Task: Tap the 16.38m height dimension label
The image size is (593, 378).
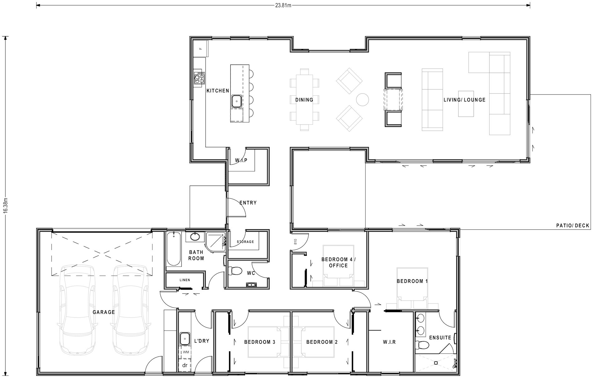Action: tap(5, 206)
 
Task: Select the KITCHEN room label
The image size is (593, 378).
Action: tap(218, 91)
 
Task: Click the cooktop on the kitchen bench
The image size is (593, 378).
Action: tap(199, 78)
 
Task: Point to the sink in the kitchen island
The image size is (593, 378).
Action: tap(237, 100)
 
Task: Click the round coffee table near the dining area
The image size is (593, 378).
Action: tap(363, 99)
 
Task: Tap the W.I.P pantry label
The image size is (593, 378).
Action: tap(241, 160)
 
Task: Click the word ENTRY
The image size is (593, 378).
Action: tap(248, 203)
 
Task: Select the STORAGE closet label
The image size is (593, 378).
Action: tap(245, 242)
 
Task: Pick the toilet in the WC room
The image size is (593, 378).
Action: tap(235, 271)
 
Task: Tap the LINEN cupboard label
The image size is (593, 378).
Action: tap(185, 280)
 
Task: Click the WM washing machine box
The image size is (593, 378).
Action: tap(186, 352)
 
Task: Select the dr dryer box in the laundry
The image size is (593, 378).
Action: tap(185, 365)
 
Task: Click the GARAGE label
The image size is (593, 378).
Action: tap(104, 312)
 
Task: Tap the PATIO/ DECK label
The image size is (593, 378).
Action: tap(573, 225)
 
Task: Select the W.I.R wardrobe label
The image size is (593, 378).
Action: tap(389, 342)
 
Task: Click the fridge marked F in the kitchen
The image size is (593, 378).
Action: tap(200, 48)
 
